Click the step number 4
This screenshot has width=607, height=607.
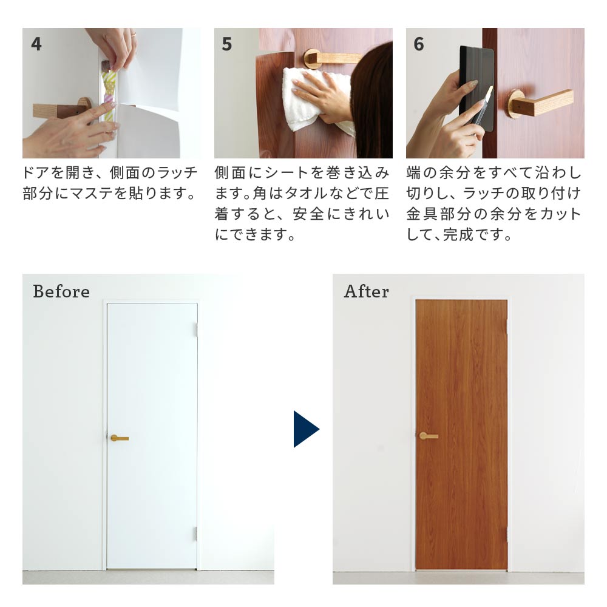point(36,44)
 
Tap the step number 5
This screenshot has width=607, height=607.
point(227,44)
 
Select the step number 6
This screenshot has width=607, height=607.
point(419,44)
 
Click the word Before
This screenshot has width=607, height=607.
point(61,291)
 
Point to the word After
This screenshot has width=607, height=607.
point(366,291)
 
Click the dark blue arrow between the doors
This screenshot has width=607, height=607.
point(306,429)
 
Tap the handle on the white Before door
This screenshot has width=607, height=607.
point(119,438)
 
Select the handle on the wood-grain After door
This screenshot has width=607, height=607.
point(429,436)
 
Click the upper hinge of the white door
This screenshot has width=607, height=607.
point(196,330)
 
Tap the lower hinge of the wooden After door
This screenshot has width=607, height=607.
point(507,535)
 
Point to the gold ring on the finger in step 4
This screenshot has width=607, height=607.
point(133,35)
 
